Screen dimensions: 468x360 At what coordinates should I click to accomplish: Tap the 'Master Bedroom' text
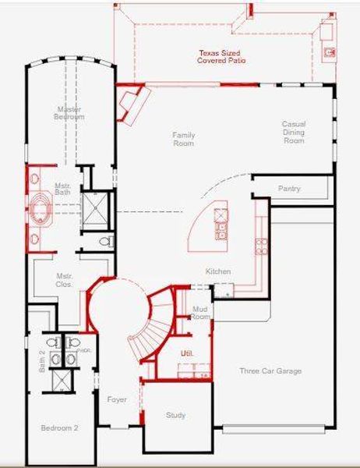pos(69,113)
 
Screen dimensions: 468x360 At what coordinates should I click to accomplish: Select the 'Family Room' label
pos(184,139)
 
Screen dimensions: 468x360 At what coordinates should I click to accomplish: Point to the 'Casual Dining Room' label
pos(293,132)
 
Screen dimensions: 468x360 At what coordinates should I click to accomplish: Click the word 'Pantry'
pos(289,189)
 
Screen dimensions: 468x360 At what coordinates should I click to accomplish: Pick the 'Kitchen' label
pos(217,271)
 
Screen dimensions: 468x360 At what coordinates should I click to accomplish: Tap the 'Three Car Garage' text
pos(270,371)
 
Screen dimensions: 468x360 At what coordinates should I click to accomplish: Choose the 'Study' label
pos(176,415)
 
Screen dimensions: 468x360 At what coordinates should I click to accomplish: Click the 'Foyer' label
pos(117,399)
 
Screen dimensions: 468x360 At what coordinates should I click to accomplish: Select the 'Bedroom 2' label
pos(60,428)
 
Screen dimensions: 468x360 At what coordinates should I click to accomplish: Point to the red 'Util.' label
pos(186,353)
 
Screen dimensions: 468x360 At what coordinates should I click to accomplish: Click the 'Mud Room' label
pos(201,314)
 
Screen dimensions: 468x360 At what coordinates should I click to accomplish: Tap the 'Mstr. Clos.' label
pos(64,281)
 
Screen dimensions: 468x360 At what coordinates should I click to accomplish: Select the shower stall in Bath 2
pos(62,380)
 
